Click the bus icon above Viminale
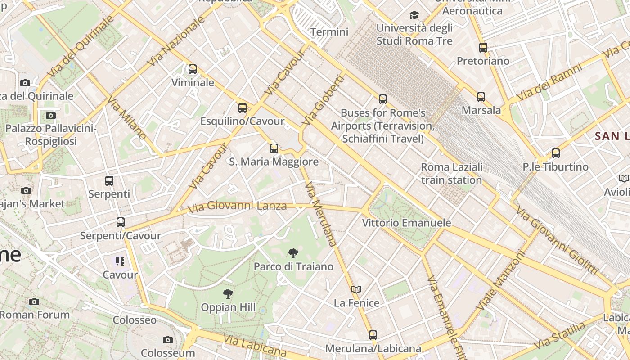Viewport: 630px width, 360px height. [193, 69]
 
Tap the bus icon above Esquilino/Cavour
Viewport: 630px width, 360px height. [243, 108]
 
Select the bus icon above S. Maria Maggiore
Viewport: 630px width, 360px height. [274, 148]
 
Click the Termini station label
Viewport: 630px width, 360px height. [329, 32]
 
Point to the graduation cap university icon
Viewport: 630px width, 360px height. [414, 15]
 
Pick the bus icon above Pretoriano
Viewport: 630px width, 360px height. [483, 47]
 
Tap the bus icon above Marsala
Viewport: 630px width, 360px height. [481, 97]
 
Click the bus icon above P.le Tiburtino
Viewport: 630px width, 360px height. [556, 153]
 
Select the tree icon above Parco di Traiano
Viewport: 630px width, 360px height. [293, 253]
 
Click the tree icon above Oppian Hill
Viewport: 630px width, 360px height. [228, 294]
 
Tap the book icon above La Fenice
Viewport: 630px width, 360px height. [356, 289]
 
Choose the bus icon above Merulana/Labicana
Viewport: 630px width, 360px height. [373, 335]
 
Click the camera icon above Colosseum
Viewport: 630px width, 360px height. [168, 340]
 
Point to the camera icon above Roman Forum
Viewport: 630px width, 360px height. [34, 301]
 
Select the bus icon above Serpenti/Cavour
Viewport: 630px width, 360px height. [120, 222]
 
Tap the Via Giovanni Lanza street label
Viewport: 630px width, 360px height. [237, 207]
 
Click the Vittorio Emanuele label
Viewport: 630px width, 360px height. [406, 223]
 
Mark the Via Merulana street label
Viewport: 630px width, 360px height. [321, 214]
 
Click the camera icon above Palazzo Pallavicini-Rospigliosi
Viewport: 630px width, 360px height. [51, 116]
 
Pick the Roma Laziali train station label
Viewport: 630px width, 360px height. [452, 174]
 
